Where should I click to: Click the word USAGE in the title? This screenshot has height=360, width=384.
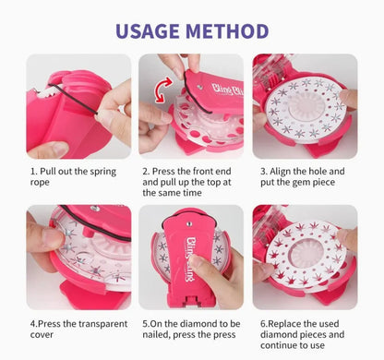tap(148, 31)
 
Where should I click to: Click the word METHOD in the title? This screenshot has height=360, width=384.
tap(227, 31)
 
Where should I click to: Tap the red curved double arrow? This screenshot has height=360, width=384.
tap(163, 90)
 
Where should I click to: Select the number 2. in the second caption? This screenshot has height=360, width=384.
tap(146, 171)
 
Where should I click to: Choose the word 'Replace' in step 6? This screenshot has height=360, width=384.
tap(284, 324)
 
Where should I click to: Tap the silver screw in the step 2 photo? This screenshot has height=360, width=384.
tap(200, 87)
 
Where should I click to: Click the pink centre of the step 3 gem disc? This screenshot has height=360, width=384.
tap(306, 108)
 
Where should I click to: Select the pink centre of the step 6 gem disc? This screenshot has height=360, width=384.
tap(304, 254)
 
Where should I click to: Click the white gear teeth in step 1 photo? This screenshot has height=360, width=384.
tap(46, 92)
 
